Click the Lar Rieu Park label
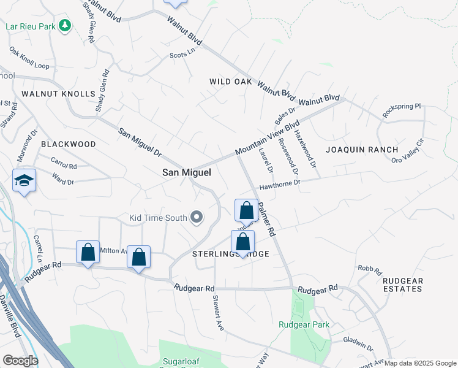coord(30,26)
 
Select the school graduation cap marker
coord(24,180)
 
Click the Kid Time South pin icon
coord(197,217)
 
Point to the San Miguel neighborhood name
coord(186,173)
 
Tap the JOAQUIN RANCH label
coord(362,150)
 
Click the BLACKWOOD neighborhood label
coord(69,144)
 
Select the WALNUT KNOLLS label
coord(58,94)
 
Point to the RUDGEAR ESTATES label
coord(402,285)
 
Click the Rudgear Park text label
coord(304,324)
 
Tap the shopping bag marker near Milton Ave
coord(88,252)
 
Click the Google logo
coord(20,361)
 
